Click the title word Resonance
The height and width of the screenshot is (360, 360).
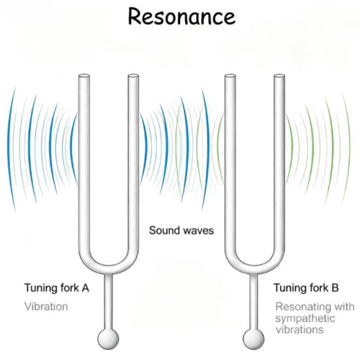[181, 17]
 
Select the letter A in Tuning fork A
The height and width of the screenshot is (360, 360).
[85, 288]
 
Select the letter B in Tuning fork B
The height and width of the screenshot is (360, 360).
[335, 288]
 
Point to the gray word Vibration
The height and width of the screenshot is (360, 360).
[46, 307]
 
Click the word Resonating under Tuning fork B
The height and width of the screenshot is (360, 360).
[301, 307]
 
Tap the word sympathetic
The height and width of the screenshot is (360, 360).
[305, 319]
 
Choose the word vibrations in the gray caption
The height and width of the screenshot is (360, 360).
[300, 329]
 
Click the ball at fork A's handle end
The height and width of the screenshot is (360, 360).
[108, 339]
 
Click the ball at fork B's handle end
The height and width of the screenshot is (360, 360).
[253, 339]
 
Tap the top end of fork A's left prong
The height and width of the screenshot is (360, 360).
[84, 76]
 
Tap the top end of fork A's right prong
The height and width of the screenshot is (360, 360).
[133, 76]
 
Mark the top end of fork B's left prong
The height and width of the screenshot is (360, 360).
[230, 76]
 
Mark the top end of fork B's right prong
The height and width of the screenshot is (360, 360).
[279, 76]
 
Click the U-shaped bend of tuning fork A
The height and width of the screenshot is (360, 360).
[109, 269]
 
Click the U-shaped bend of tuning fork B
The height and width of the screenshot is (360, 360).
[255, 269]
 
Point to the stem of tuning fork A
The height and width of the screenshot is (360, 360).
[108, 301]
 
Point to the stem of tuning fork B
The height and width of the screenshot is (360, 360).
[253, 301]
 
